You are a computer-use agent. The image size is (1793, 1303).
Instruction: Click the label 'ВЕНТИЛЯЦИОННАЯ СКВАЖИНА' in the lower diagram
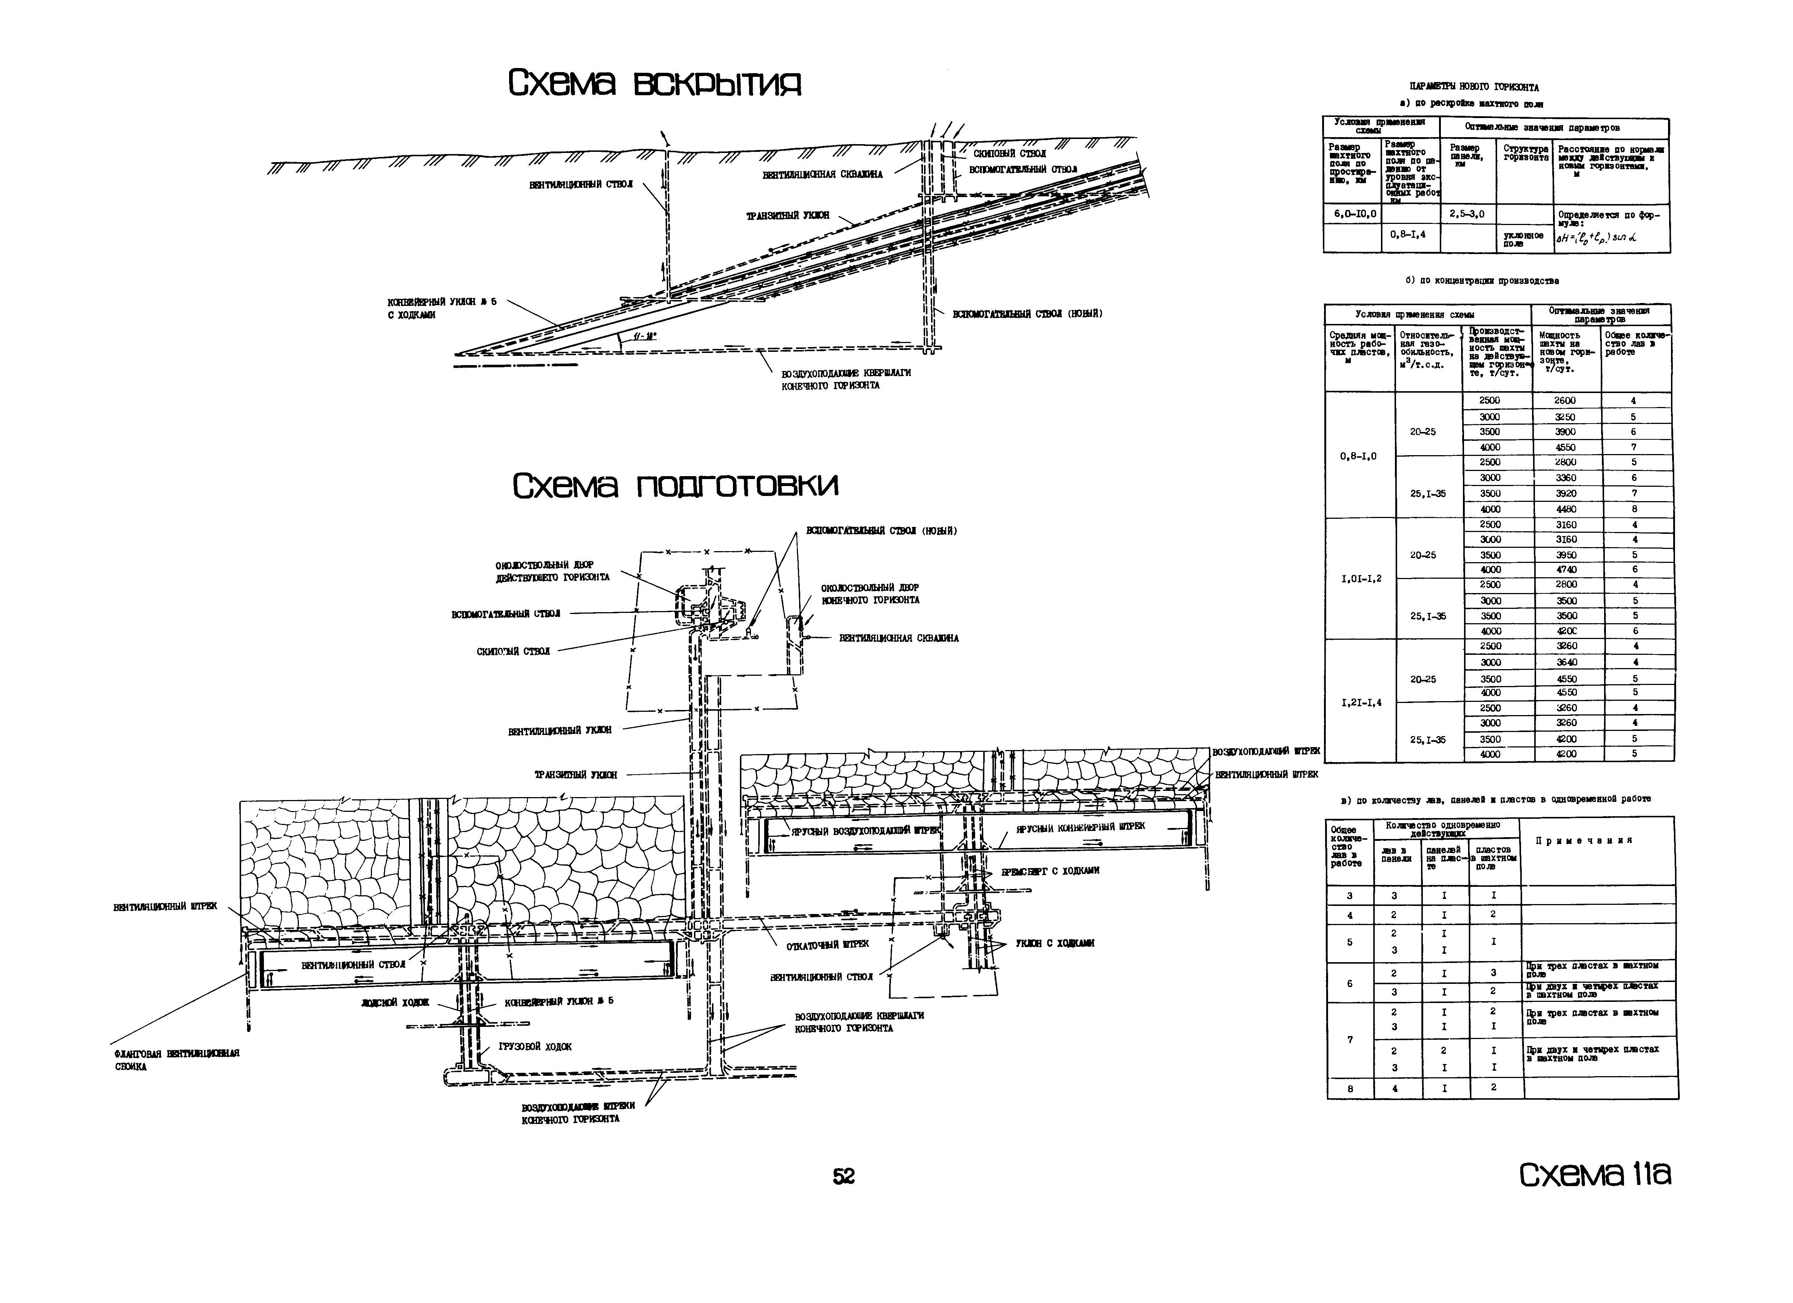click(x=899, y=638)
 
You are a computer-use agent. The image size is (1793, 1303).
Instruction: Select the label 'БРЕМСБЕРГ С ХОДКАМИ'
click(x=1050, y=871)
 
